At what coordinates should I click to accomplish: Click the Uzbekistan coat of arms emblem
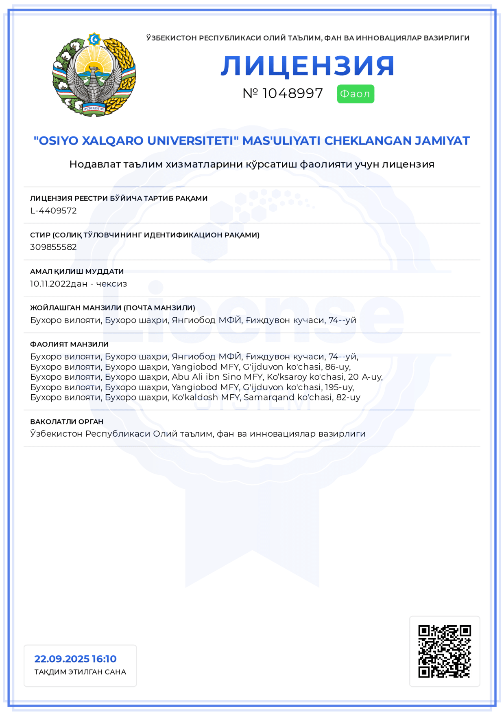(94, 75)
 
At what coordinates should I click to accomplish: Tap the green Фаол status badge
(355, 94)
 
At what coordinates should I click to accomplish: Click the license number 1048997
(292, 93)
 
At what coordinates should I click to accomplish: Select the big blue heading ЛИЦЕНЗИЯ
(308, 66)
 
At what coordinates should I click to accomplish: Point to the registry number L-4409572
(53, 211)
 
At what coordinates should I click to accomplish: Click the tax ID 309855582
(53, 247)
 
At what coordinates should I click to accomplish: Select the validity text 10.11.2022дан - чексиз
(79, 283)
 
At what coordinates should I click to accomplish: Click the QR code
(444, 651)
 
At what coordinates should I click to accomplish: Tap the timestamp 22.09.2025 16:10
(75, 659)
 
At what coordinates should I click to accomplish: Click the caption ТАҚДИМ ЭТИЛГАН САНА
(80, 672)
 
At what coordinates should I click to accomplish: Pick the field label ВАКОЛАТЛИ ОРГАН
(67, 422)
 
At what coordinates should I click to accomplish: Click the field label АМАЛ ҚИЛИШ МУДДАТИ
(77, 271)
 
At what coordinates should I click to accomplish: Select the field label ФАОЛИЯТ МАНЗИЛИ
(69, 344)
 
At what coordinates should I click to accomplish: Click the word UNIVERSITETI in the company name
(193, 141)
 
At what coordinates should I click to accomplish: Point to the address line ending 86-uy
(190, 367)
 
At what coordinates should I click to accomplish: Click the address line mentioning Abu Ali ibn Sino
(207, 377)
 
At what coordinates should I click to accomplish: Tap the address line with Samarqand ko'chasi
(195, 397)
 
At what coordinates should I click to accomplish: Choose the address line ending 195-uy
(192, 387)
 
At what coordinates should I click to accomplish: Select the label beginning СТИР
(144, 235)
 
